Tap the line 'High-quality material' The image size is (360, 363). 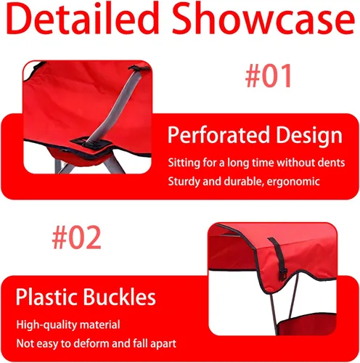coord(68,325)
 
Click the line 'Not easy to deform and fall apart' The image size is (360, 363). coord(96,343)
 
